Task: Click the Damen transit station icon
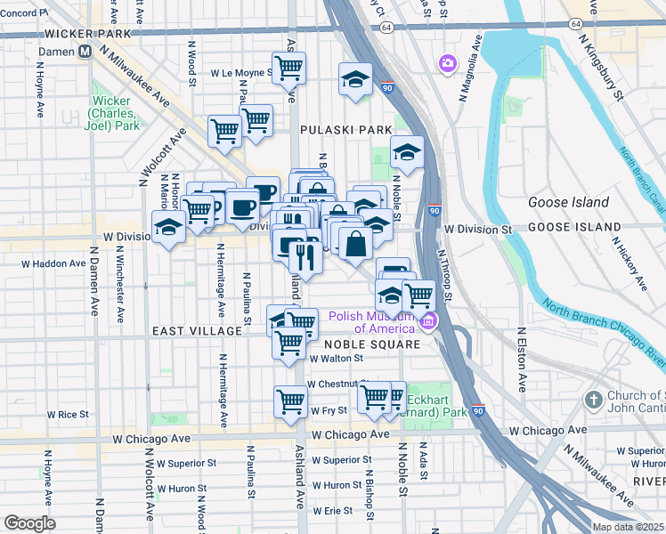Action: click(x=85, y=52)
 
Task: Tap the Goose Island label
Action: click(x=567, y=202)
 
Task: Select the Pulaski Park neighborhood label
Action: click(x=345, y=130)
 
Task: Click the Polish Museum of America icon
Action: click(x=428, y=320)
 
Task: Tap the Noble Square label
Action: click(x=371, y=344)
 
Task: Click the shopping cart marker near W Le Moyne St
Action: click(x=288, y=68)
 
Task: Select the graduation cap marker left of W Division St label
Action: click(x=168, y=227)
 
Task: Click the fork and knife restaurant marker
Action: click(x=305, y=257)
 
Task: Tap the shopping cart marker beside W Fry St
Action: click(x=290, y=401)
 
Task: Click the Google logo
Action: click(x=29, y=522)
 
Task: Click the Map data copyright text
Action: click(x=628, y=527)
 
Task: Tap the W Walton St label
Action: click(x=336, y=358)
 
